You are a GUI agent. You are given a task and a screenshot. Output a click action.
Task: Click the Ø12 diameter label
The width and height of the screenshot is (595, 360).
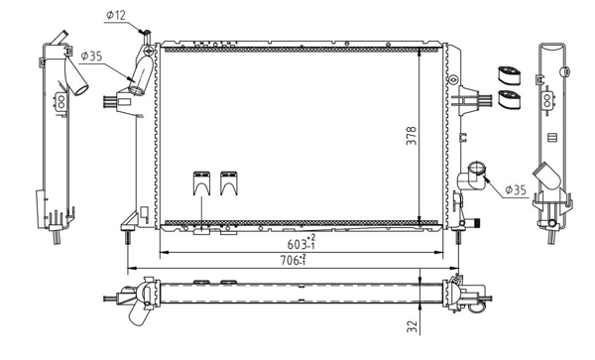pyautogui.click(x=116, y=16)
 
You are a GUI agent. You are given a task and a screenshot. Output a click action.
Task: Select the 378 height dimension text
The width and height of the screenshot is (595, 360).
pyautogui.click(x=412, y=136)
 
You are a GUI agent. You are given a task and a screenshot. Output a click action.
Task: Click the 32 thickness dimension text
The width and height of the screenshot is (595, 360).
pyautogui.click(x=413, y=326)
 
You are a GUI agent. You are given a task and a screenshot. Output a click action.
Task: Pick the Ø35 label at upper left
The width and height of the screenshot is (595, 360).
pyautogui.click(x=91, y=57)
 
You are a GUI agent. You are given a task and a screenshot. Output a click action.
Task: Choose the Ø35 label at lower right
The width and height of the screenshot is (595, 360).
pyautogui.click(x=516, y=189)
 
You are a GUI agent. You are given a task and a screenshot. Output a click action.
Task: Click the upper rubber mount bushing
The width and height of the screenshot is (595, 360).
pyautogui.click(x=509, y=76)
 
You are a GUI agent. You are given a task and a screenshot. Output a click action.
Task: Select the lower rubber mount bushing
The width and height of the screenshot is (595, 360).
pyautogui.click(x=509, y=99)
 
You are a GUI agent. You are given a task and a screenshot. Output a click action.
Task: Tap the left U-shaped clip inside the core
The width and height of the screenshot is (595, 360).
pyautogui.click(x=201, y=183)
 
